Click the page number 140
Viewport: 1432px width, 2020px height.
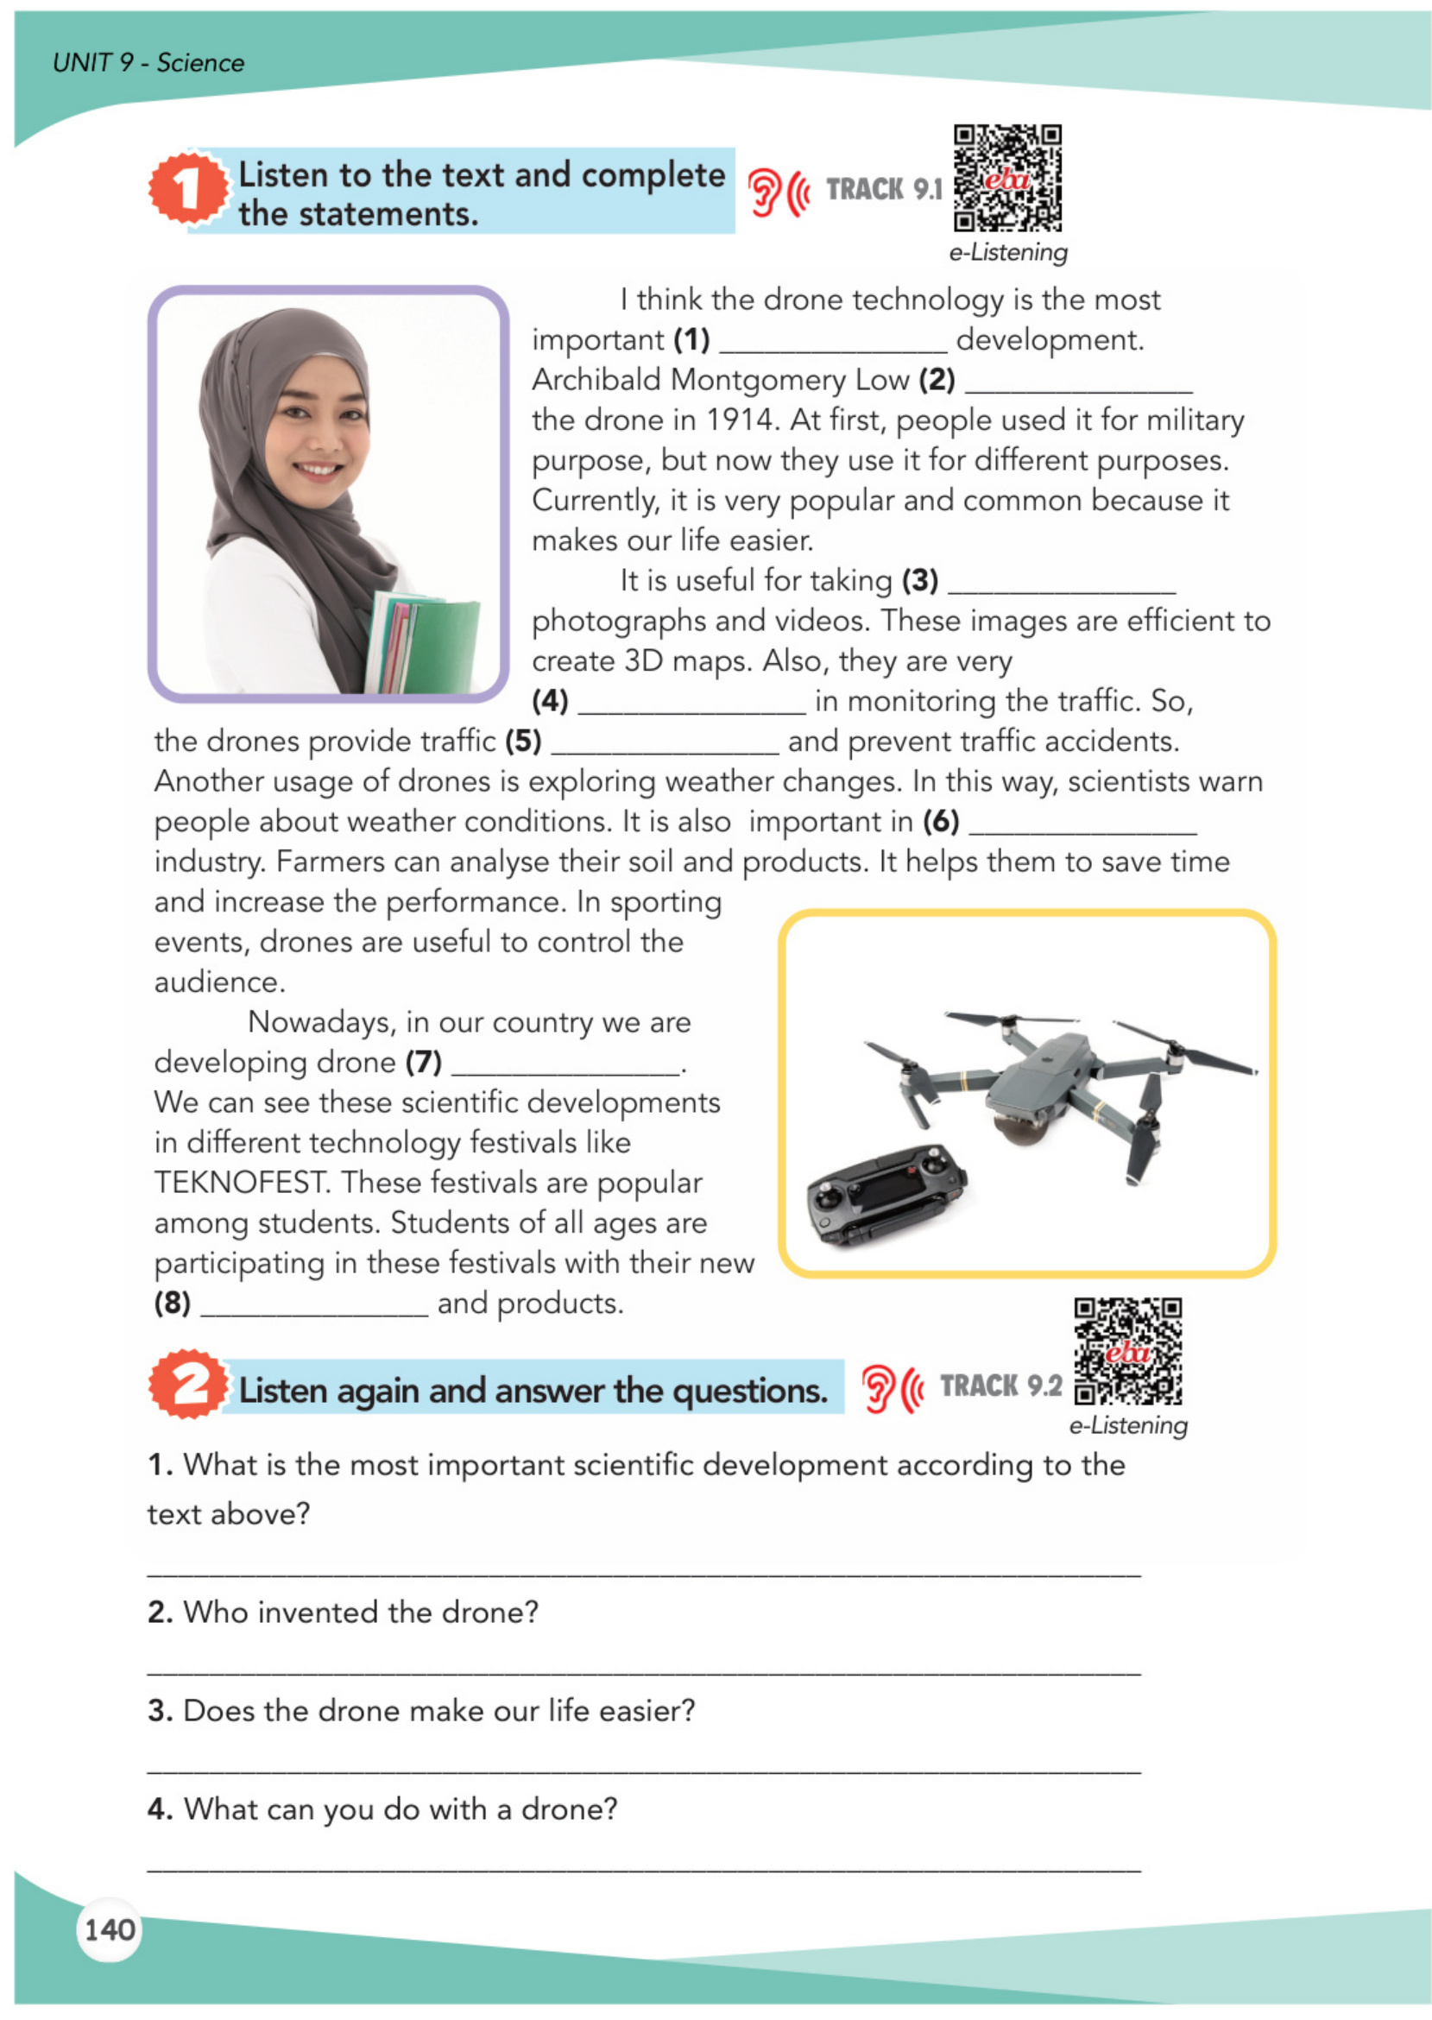pyautogui.click(x=110, y=1929)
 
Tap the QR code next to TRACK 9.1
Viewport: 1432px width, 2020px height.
pyautogui.click(x=1007, y=178)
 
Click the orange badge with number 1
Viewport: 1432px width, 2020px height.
pyautogui.click(x=187, y=188)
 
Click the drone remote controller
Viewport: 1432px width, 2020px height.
pyautogui.click(x=886, y=1194)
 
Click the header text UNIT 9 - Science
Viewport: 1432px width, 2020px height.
pyautogui.click(x=148, y=63)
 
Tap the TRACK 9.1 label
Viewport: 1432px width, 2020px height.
pyautogui.click(x=884, y=189)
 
